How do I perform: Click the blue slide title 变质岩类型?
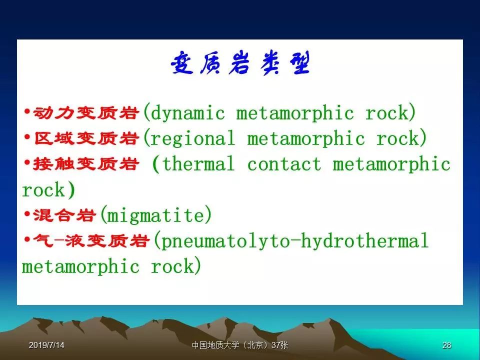240,63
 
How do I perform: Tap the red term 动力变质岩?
86,113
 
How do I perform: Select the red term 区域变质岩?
86,138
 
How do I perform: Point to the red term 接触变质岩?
86,164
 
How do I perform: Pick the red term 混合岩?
64,215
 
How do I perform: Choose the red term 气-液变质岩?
91,240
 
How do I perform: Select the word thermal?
198,164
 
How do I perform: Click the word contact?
284,164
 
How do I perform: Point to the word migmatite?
155,215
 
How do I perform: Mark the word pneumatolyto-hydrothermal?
294,241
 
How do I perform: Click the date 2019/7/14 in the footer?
46,345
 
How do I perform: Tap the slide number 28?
446,345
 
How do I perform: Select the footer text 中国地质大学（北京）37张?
240,345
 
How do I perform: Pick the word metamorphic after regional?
306,138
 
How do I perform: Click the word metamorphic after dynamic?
295,113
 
